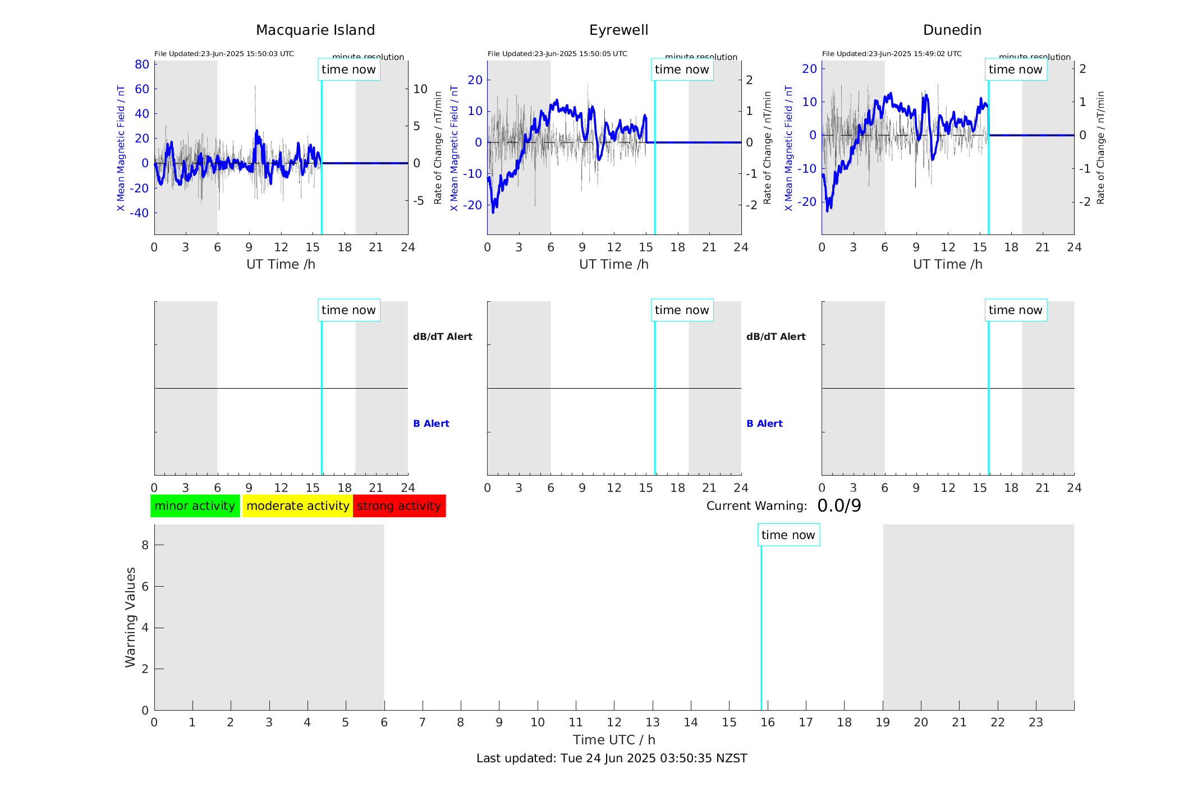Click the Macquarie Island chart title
315,30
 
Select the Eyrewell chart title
618,30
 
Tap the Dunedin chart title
952,30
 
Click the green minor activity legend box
195,506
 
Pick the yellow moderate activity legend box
297,506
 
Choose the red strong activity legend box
399,506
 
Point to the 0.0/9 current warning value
839,506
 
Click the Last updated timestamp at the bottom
612,758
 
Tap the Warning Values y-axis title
130,617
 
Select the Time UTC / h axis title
614,740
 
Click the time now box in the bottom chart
788,535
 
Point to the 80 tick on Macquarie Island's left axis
142,65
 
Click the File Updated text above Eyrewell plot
557,54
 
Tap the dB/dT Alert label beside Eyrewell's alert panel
776,337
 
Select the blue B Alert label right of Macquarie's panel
431,423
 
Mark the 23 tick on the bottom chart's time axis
1035,722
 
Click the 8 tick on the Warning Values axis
145,545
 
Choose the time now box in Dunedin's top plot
1015,70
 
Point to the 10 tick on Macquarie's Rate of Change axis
420,89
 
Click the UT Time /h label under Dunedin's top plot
947,264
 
